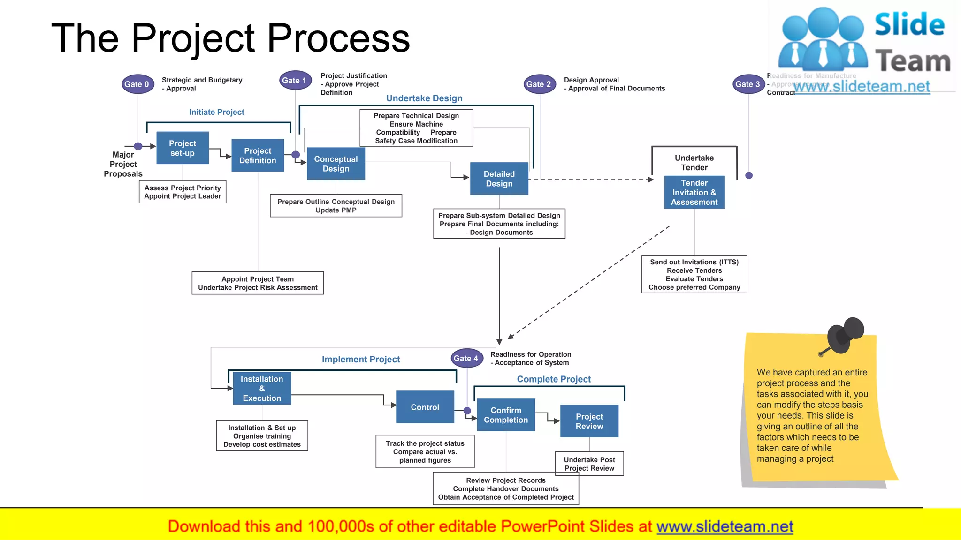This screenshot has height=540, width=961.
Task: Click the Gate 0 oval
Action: click(137, 84)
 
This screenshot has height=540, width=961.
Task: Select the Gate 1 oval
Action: click(295, 81)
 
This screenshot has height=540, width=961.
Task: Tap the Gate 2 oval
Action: click(539, 84)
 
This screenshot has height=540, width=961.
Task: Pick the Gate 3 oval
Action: click(748, 84)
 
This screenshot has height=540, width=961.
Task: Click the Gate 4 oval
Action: click(466, 359)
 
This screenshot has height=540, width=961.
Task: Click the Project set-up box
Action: click(183, 148)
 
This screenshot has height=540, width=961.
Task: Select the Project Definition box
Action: click(258, 156)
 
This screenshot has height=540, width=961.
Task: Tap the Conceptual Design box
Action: click(336, 164)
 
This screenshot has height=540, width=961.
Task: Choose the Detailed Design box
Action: click(499, 179)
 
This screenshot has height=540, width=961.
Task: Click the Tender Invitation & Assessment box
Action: click(694, 193)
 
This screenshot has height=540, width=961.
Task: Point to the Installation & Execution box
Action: click(262, 389)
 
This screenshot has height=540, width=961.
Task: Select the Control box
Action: click(425, 407)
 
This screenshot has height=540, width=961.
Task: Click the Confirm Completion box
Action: click(506, 415)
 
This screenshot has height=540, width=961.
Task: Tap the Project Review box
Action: click(589, 421)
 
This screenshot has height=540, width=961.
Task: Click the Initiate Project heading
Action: click(216, 112)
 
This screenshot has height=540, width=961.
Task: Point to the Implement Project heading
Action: click(361, 360)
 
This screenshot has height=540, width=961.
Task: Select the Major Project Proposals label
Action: click(123, 165)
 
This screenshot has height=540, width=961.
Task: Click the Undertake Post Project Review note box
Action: click(589, 464)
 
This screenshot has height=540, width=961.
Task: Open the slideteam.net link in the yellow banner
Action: click(725, 527)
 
